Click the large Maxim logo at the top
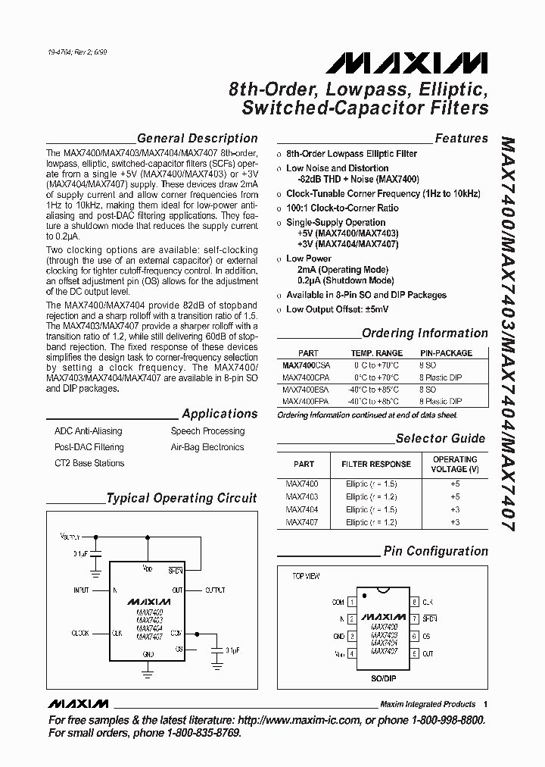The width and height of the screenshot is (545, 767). (x=412, y=63)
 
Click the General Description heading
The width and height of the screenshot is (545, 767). (x=197, y=139)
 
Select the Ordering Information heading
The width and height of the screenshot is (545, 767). (x=425, y=333)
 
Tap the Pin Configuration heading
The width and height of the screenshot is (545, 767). (x=435, y=552)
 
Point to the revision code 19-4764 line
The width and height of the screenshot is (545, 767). (x=79, y=53)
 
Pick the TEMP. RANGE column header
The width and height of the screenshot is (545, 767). (x=376, y=353)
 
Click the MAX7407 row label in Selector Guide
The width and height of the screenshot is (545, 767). (x=302, y=522)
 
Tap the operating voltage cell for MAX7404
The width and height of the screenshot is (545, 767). (x=455, y=509)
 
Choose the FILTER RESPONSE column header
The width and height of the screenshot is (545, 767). (x=376, y=464)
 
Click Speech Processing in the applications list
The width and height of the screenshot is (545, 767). (x=207, y=431)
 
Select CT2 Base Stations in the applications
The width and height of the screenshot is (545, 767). (x=89, y=463)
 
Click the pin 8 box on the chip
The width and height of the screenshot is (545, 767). (x=415, y=602)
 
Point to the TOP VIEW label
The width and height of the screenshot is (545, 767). (x=306, y=577)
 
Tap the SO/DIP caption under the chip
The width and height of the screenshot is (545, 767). (x=383, y=668)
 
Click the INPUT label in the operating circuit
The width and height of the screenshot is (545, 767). (x=81, y=590)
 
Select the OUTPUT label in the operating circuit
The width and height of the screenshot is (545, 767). (x=216, y=590)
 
